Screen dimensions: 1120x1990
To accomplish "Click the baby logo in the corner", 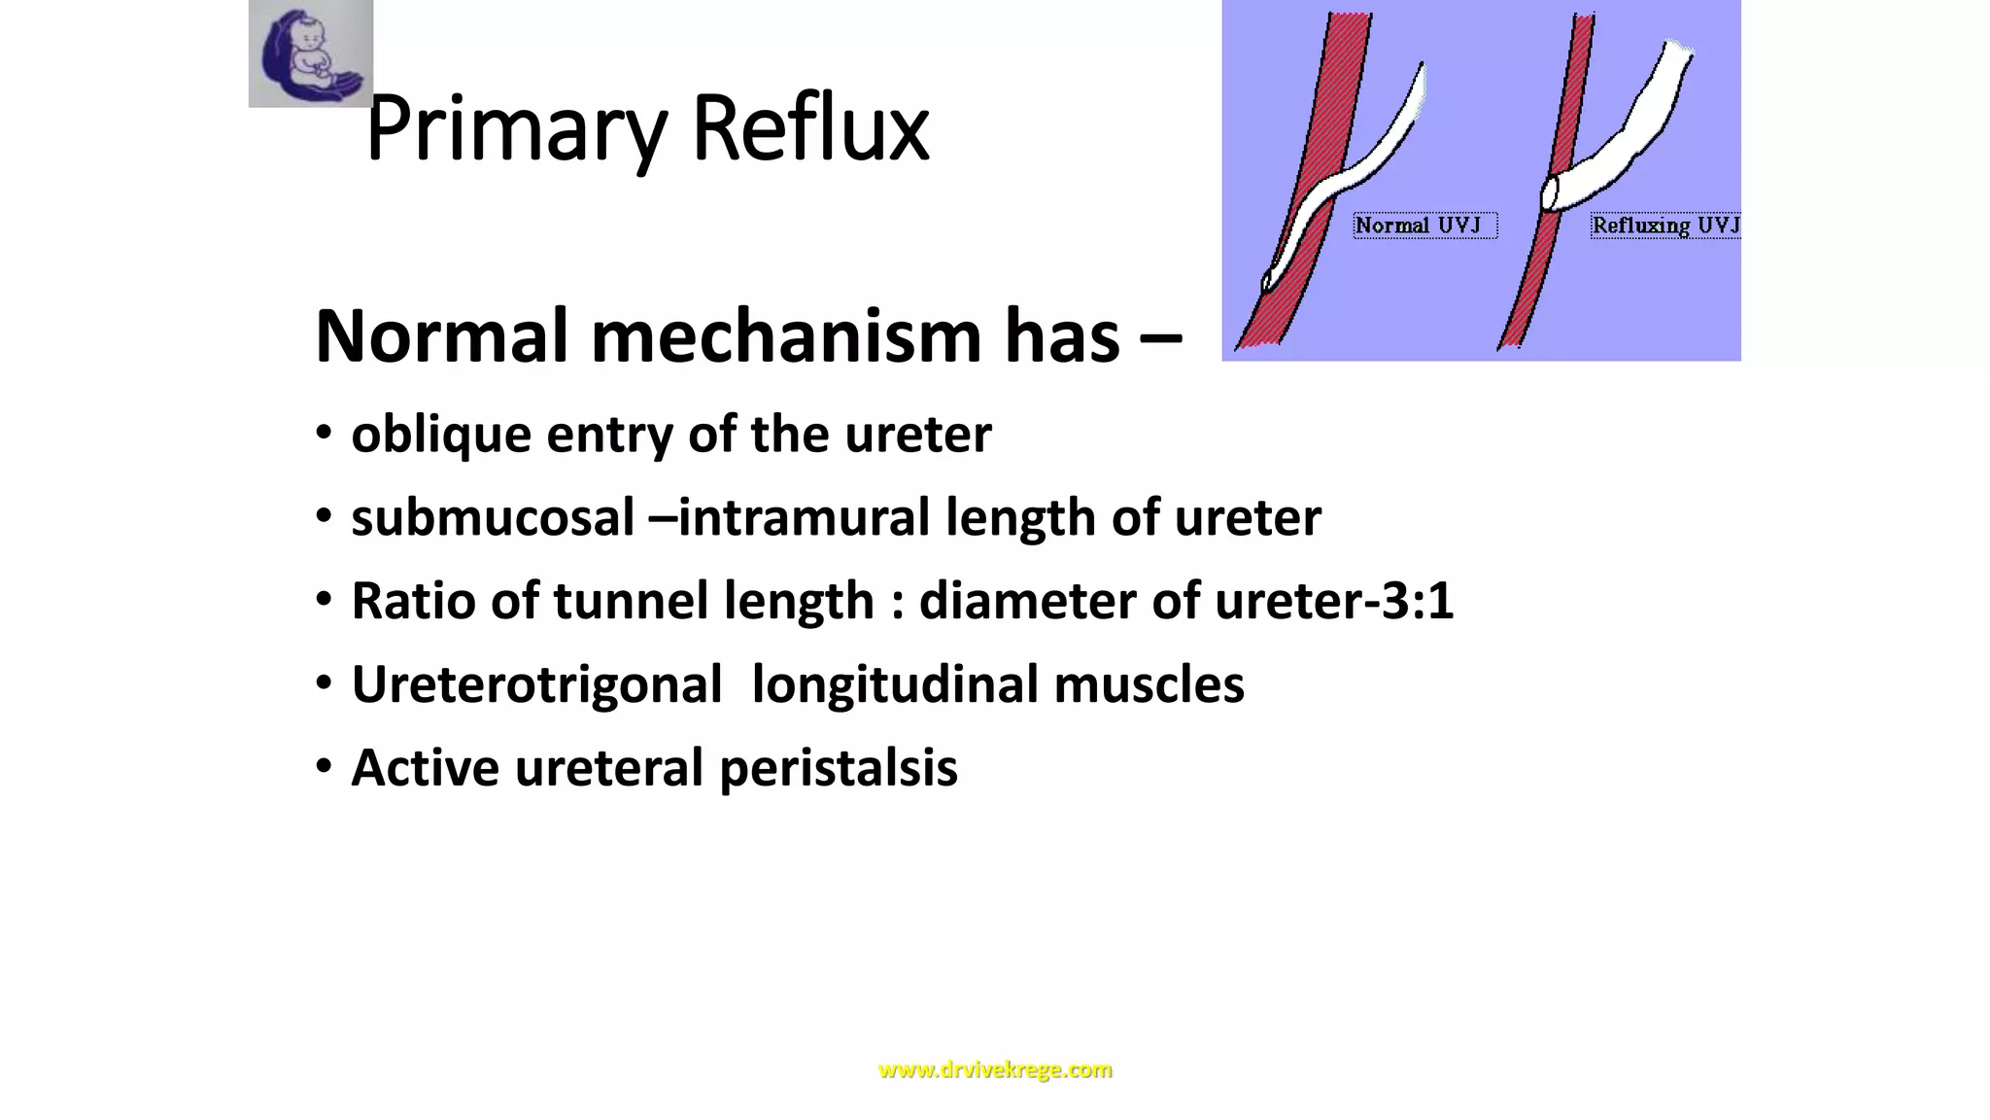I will pos(310,53).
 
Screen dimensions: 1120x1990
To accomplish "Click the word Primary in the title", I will pos(516,128).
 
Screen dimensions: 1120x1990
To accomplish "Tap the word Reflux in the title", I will pos(810,128).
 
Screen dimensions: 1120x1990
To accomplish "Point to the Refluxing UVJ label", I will pos(1664,226).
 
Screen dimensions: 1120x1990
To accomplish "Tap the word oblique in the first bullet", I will pos(441,435).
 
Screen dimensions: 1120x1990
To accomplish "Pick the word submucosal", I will pos(493,517).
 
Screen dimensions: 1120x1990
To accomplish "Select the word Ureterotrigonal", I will pos(536,683).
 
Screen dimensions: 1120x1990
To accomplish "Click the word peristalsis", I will pos(839,768).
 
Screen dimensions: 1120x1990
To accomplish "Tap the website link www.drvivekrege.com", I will pos(995,1069).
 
